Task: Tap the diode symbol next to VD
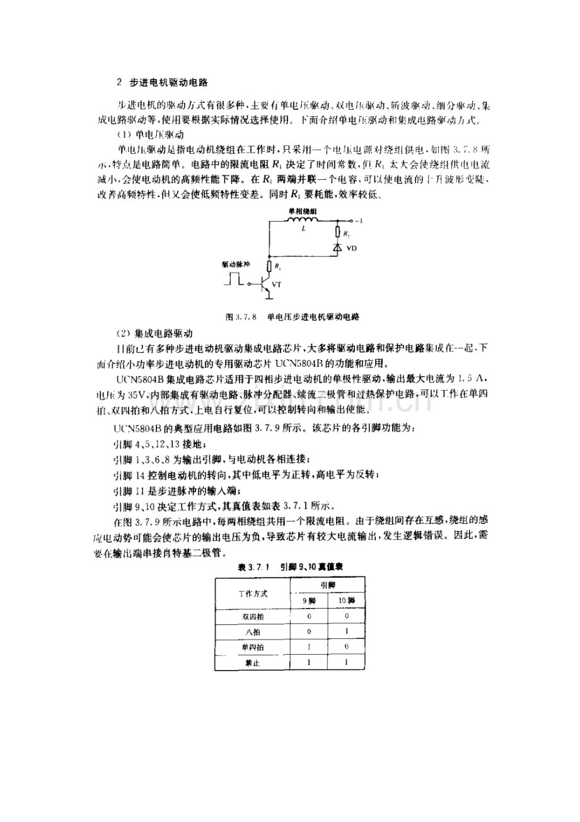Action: tap(337, 249)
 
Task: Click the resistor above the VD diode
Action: tap(337, 233)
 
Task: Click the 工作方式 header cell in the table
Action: tap(252, 593)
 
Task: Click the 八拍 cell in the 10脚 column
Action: tap(346, 631)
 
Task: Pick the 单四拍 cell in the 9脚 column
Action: tap(309, 647)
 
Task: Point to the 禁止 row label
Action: tap(252, 663)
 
